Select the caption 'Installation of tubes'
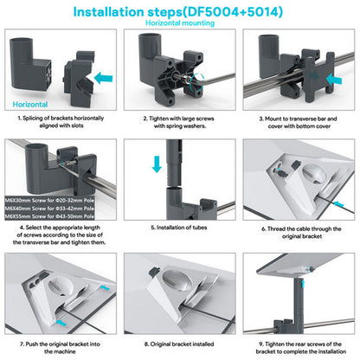(x=179, y=229)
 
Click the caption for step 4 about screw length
(x=61, y=238)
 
